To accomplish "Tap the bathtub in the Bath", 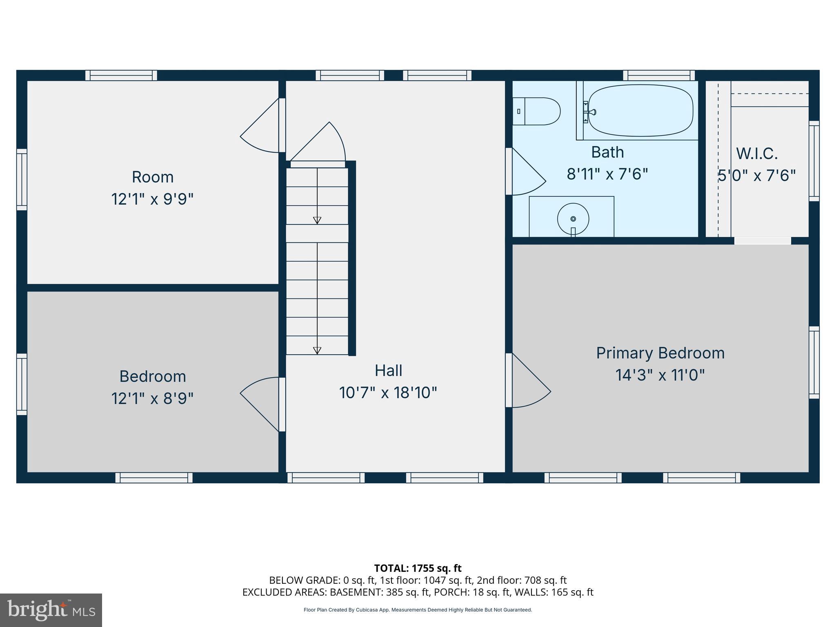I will [x=640, y=111].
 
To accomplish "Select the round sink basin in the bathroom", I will [x=573, y=219].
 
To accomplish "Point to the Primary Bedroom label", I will [x=660, y=353].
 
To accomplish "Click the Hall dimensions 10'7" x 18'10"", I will [x=388, y=393].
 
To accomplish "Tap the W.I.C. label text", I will [x=757, y=154].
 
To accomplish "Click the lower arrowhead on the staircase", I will [x=317, y=350].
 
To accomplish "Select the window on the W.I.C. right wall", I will [x=814, y=161].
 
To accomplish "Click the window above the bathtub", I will [x=659, y=76].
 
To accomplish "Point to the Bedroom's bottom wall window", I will [x=154, y=478].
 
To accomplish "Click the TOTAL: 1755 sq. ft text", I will [x=418, y=568].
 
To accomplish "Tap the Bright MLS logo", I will [x=51, y=610].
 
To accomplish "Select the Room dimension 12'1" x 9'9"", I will [x=152, y=199].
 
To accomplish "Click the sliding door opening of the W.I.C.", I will [x=762, y=241].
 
